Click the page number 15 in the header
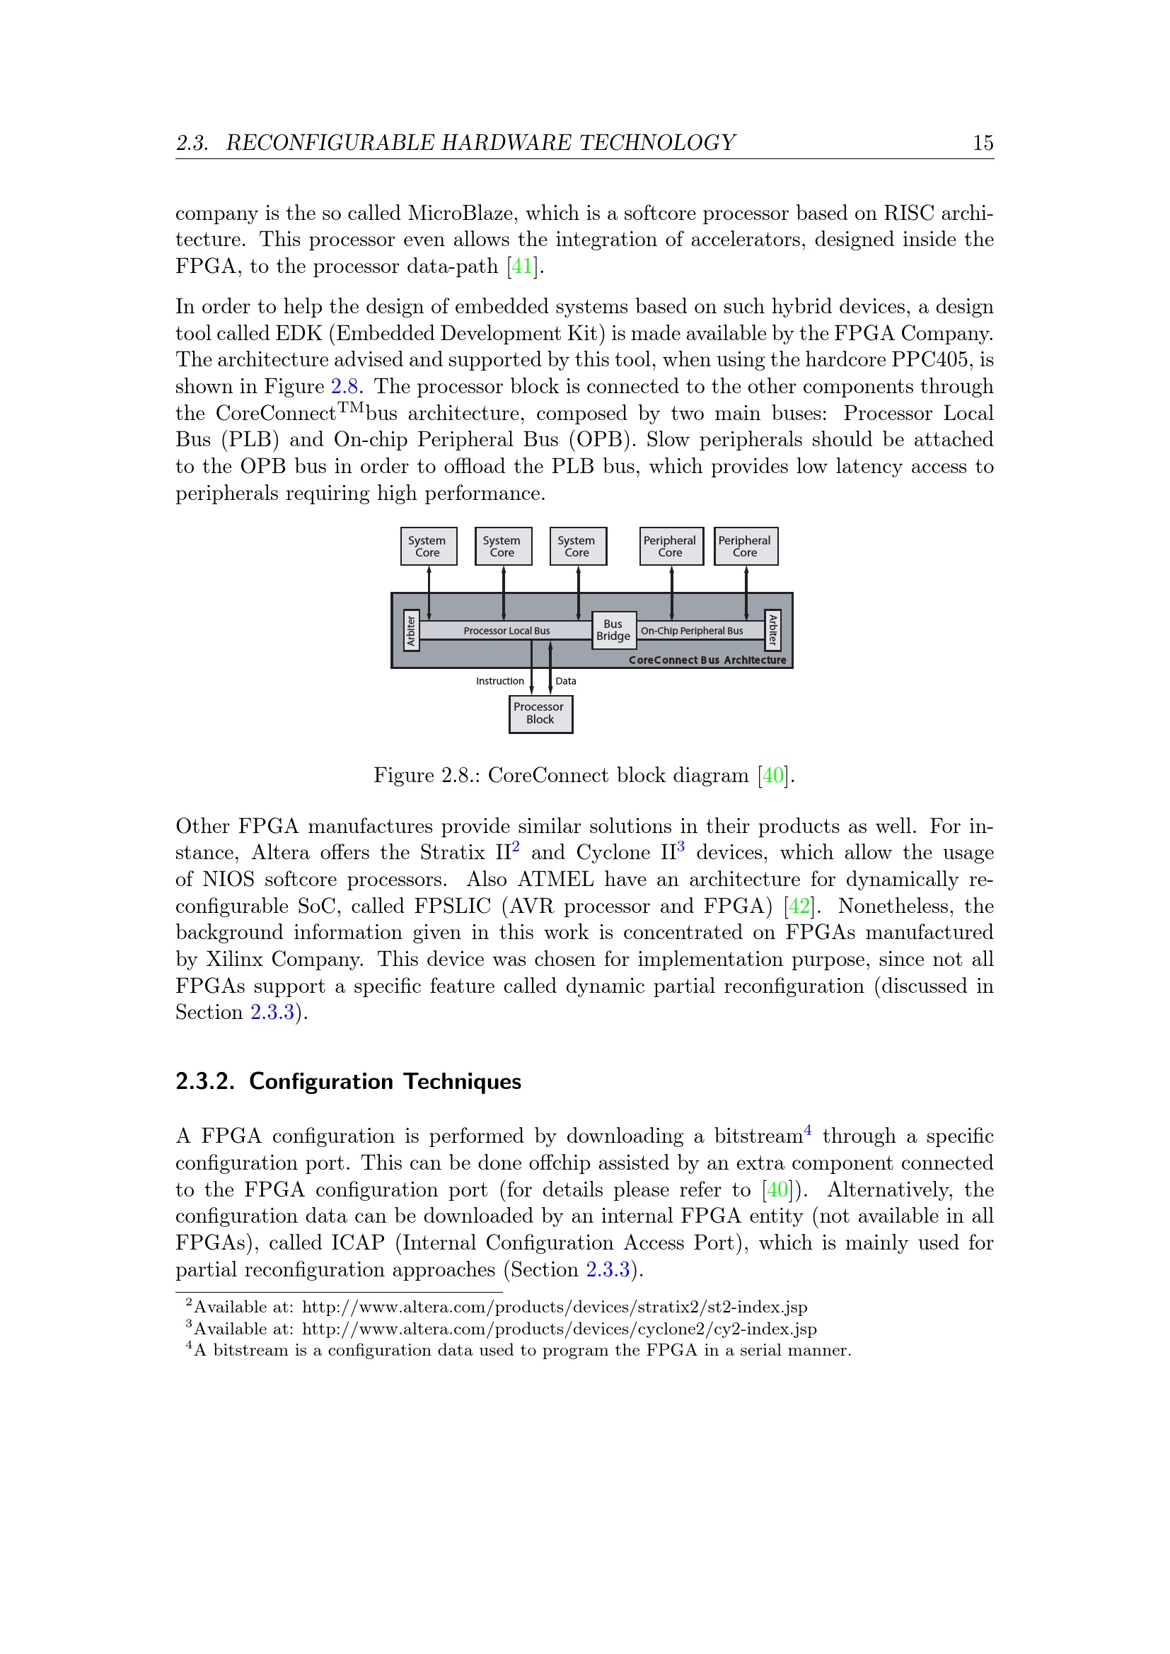pyautogui.click(x=983, y=143)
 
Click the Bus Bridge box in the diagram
pyautogui.click(x=613, y=630)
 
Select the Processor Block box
pyautogui.click(x=540, y=714)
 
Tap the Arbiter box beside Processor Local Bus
pyautogui.click(x=411, y=631)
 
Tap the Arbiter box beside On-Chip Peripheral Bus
pyautogui.click(x=772, y=629)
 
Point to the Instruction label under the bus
pyautogui.click(x=500, y=681)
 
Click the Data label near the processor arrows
pyautogui.click(x=566, y=681)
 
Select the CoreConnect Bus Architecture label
pyautogui.click(x=707, y=660)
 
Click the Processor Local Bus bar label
pyautogui.click(x=506, y=631)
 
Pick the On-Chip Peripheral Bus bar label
pyautogui.click(x=692, y=631)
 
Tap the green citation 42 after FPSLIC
pyautogui.click(x=799, y=906)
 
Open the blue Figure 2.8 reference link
pyautogui.click(x=344, y=386)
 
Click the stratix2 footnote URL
pyautogui.click(x=554, y=1307)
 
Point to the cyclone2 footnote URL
pyautogui.click(x=558, y=1329)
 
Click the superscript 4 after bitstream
pyautogui.click(x=808, y=1131)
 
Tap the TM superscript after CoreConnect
pyautogui.click(x=351, y=408)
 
